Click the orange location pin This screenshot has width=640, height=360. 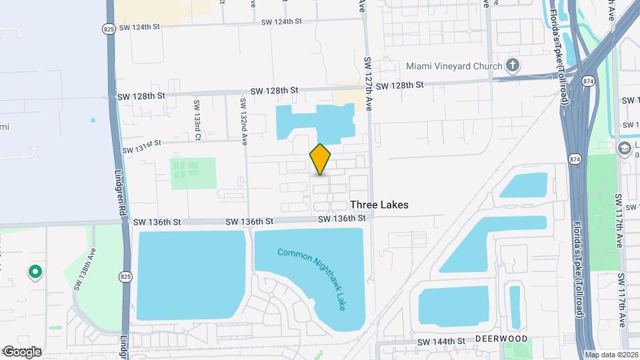(321, 159)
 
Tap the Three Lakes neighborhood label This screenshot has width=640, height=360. (379, 205)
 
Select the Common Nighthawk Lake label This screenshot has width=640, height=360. (312, 279)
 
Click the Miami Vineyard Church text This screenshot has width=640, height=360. (454, 66)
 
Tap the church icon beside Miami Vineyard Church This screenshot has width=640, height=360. (512, 65)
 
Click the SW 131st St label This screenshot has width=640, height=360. (141, 145)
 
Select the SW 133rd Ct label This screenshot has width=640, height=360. (197, 120)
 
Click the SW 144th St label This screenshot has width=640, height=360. (441, 341)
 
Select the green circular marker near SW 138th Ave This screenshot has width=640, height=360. (35, 272)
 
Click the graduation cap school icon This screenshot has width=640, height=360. (624, 147)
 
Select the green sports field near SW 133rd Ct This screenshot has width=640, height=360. (193, 173)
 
